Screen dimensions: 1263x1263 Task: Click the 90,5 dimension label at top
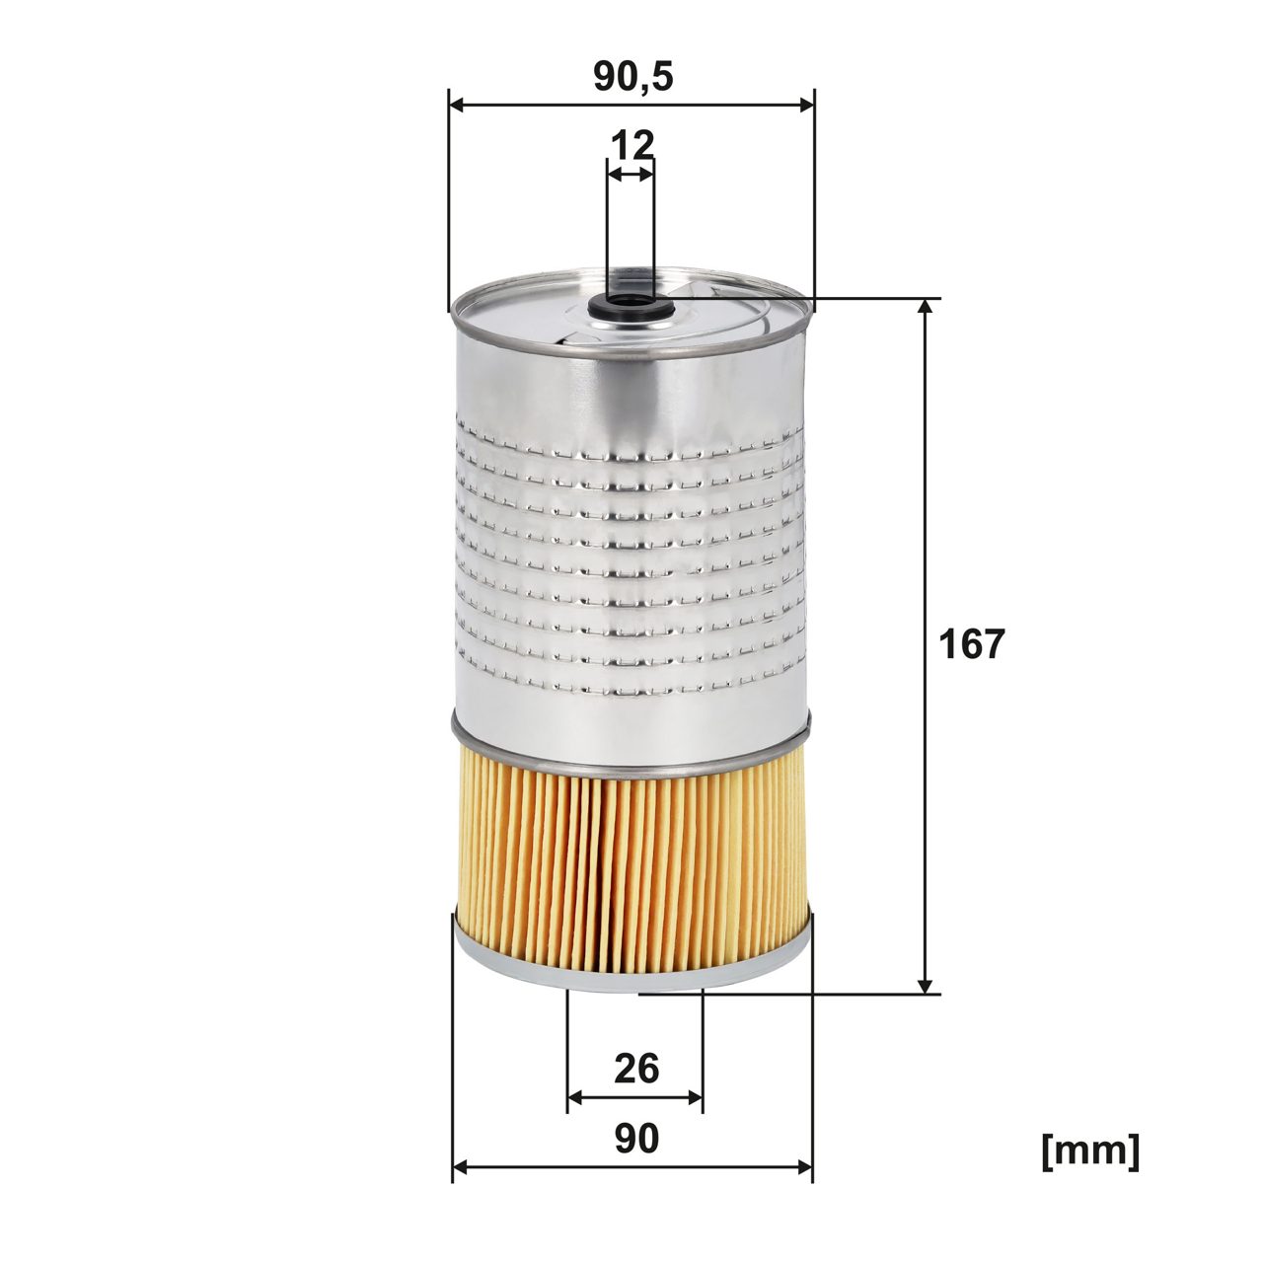[632, 76]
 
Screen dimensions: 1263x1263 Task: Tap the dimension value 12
[631, 145]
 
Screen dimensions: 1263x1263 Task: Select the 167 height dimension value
[971, 644]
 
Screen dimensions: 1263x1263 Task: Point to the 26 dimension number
[635, 1068]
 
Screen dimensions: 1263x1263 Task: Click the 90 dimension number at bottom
[635, 1139]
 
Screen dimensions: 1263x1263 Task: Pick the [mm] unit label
[1090, 1151]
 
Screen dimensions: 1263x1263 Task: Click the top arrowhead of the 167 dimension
[925, 307]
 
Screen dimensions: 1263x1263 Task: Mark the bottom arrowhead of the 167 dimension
[925, 985]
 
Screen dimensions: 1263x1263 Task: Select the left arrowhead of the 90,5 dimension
[457, 104]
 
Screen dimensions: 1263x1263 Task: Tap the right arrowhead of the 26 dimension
[696, 1097]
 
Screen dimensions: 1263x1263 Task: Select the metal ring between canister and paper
[631, 755]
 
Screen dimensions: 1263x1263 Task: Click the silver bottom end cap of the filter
[631, 972]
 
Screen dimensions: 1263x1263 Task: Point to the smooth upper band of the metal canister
[631, 385]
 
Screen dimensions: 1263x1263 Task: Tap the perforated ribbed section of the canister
[631, 562]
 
